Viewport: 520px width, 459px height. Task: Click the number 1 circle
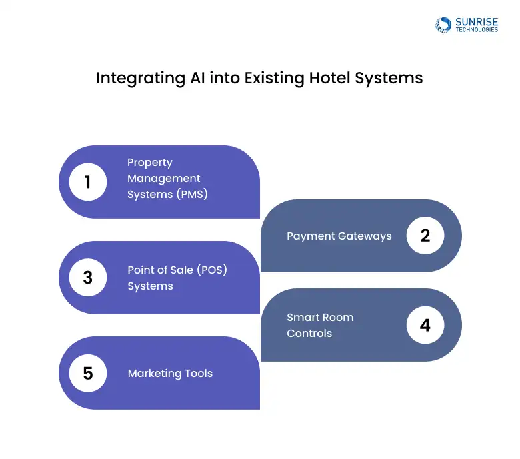pos(88,181)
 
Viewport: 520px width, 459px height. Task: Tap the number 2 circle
pos(425,236)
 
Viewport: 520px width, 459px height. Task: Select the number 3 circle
pos(88,277)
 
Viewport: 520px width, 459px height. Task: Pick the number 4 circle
pos(425,325)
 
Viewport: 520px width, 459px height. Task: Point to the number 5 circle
pos(88,373)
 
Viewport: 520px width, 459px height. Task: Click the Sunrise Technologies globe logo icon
pos(443,25)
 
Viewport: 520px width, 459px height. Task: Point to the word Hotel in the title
pos(329,77)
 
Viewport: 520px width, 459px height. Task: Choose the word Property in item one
pos(150,163)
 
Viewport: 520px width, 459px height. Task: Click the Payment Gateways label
pos(339,236)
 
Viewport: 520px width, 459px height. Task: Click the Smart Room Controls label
pos(320,325)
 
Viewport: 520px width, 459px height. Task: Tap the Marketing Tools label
pos(170,373)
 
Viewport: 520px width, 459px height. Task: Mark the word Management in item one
pos(164,179)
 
